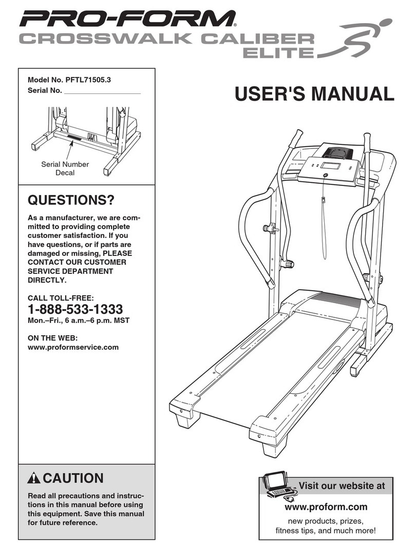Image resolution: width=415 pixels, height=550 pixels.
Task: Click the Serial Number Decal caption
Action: pyautogui.click(x=65, y=168)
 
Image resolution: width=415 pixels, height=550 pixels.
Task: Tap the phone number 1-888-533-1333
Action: pyautogui.click(x=74, y=309)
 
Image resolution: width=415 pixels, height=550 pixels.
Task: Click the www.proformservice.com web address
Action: pyautogui.click(x=72, y=347)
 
